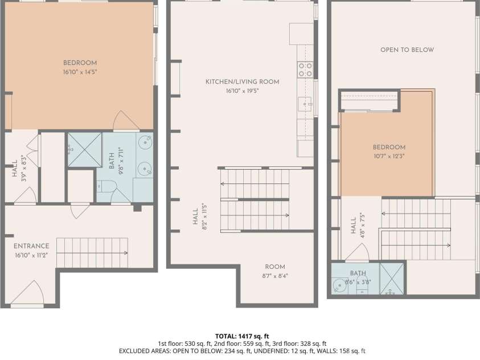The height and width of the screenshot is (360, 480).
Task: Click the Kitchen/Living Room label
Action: click(x=243, y=81)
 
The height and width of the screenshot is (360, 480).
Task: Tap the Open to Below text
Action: click(x=407, y=50)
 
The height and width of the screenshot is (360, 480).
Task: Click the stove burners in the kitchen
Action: click(x=305, y=69)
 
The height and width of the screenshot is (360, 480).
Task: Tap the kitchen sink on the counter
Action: click(x=305, y=104)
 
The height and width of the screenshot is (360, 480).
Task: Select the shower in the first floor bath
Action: click(x=85, y=150)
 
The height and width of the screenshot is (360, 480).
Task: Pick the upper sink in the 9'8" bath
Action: click(x=145, y=141)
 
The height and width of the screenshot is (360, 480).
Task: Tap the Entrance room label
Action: click(x=32, y=246)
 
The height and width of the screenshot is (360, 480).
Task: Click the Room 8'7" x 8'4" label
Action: click(x=275, y=267)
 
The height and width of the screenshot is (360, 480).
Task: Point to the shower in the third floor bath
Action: click(x=392, y=279)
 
